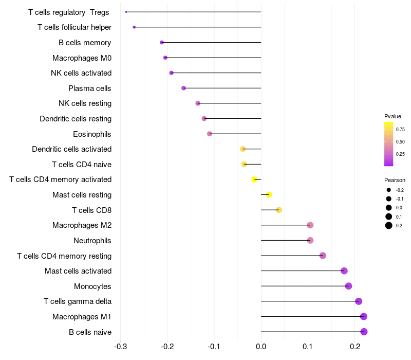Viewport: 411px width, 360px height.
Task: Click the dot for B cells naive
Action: (364, 332)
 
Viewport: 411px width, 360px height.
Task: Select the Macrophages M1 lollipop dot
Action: (364, 316)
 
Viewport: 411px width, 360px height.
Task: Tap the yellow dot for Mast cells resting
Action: (269, 194)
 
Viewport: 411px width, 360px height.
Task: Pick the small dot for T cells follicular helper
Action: (134, 27)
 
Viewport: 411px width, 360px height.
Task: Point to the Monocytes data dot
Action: (349, 286)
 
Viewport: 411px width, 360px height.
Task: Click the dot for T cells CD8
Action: (279, 210)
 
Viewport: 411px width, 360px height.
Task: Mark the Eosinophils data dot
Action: (210, 134)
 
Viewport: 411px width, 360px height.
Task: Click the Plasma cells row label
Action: (90, 88)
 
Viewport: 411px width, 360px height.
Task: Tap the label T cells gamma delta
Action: (78, 301)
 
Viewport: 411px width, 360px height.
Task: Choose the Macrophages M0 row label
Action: (82, 58)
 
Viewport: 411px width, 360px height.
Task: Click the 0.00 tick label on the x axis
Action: (261, 347)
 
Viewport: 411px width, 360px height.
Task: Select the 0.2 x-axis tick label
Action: (355, 347)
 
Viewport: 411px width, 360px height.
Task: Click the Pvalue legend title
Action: (393, 116)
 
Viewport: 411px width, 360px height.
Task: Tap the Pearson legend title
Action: (395, 180)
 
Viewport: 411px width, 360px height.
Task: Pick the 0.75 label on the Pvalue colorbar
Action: (400, 130)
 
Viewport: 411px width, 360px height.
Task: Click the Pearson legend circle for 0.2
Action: (389, 225)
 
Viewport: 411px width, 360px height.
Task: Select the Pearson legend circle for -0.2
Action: (389, 190)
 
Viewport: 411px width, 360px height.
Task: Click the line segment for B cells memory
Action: (211, 42)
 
